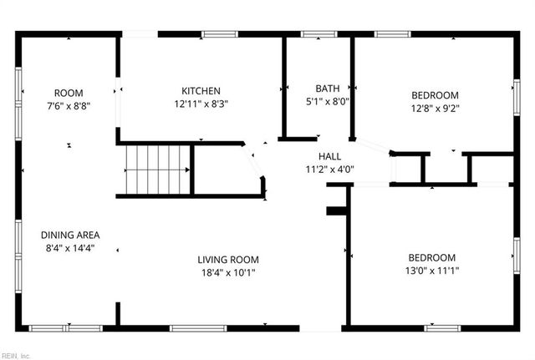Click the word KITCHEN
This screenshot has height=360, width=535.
201,91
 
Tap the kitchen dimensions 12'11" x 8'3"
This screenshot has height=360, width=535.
201,104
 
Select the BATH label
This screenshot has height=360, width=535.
327,89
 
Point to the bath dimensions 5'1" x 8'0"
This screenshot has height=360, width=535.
327,102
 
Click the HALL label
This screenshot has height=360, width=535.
329,156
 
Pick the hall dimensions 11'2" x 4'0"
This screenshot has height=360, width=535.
329,170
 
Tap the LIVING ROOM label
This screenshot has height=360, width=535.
227,259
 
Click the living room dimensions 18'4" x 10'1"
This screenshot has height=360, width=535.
227,272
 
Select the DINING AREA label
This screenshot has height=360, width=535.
71,235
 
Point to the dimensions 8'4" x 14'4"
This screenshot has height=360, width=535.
71,248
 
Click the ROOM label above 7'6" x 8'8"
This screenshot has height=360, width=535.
69,93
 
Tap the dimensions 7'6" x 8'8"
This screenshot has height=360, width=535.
69,106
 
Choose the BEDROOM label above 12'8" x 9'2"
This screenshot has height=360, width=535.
436,94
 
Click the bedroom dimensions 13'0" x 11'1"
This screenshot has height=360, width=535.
432,271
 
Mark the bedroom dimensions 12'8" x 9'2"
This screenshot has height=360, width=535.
436,108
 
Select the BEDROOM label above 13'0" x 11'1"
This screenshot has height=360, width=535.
432,257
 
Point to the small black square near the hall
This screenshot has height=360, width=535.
336,211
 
